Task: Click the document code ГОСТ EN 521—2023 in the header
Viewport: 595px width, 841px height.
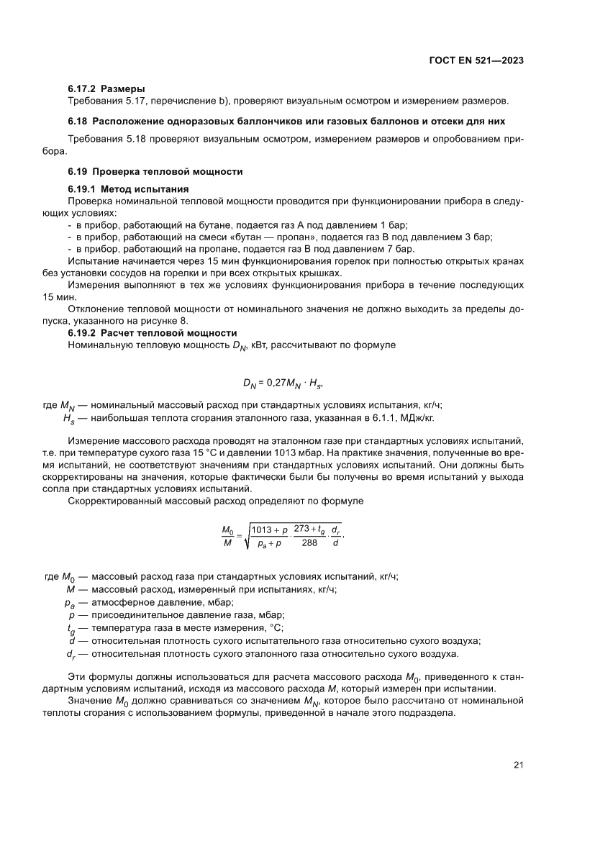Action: (x=471, y=61)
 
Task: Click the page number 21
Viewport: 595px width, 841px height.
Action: (x=518, y=765)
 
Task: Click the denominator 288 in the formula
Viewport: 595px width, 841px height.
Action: (x=309, y=544)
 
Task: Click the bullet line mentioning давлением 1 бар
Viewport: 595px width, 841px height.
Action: (x=237, y=224)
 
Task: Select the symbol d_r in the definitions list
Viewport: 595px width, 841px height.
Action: (x=70, y=653)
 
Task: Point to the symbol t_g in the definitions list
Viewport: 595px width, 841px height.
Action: (x=71, y=628)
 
